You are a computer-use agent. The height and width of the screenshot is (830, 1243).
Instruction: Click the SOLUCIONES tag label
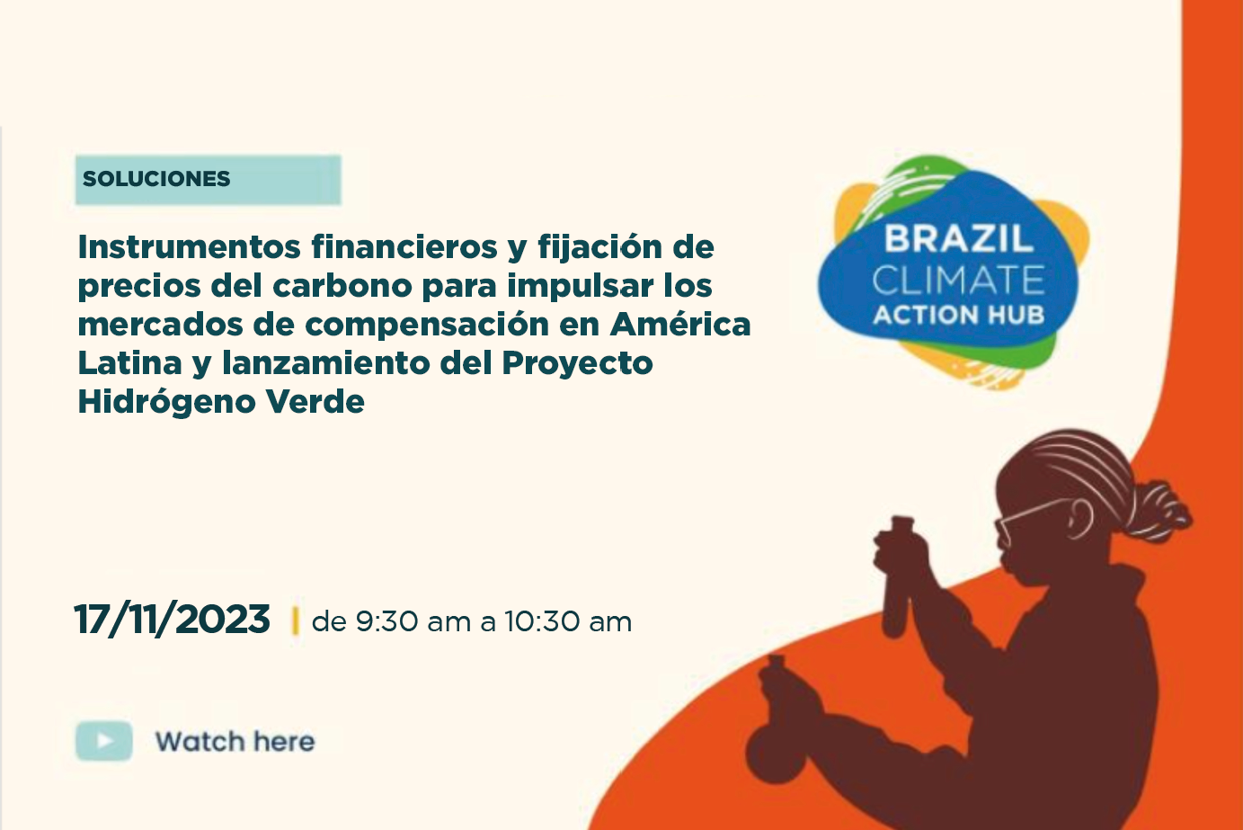(x=155, y=179)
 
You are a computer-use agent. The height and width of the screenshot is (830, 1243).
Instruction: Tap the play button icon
(x=104, y=741)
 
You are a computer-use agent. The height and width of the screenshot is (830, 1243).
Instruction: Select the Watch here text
(x=235, y=742)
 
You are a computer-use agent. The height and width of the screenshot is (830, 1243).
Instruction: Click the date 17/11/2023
(x=172, y=619)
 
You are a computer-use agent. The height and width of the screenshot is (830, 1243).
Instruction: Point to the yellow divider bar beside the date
(x=295, y=620)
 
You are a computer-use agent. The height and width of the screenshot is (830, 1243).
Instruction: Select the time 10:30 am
(x=568, y=621)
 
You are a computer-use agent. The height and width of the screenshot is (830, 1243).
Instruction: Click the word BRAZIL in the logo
(x=959, y=238)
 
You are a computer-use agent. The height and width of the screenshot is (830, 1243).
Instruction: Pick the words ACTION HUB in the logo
(x=959, y=315)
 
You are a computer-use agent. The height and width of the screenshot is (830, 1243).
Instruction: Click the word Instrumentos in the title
(x=190, y=247)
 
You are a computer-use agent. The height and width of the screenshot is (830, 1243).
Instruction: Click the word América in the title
(x=680, y=324)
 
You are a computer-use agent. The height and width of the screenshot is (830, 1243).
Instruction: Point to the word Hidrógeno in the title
(x=166, y=402)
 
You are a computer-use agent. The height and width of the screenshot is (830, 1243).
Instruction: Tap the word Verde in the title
(x=315, y=401)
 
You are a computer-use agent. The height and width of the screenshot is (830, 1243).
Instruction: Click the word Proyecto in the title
(x=578, y=364)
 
